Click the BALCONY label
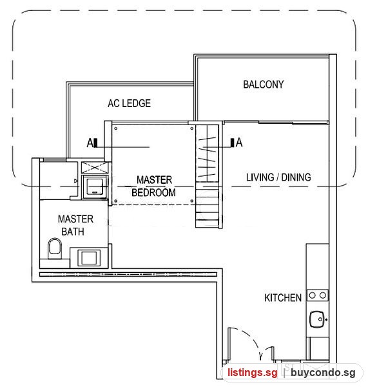pyautogui.click(x=264, y=84)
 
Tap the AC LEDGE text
pyautogui.click(x=130, y=103)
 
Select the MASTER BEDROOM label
pyautogui.click(x=153, y=186)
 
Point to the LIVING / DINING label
pyautogui.click(x=278, y=177)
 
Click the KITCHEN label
pyautogui.click(x=283, y=297)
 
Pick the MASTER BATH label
pyautogui.click(x=75, y=225)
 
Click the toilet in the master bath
pyautogui.click(x=55, y=248)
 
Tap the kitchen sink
pyautogui.click(x=317, y=319)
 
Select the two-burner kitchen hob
pyautogui.click(x=318, y=295)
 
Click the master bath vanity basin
pyautogui.click(x=89, y=258)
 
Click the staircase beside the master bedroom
pyautogui.click(x=208, y=176)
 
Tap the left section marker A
pyautogui.click(x=92, y=143)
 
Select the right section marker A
pyautogui.click(x=237, y=143)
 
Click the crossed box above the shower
pyautogui.click(x=95, y=168)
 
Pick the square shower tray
pyautogui.click(x=95, y=187)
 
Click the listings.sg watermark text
pyautogui.click(x=253, y=373)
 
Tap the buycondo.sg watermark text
pyautogui.click(x=323, y=373)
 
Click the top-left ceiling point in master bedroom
pyautogui.click(x=115, y=128)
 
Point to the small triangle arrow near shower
pyautogui.click(x=75, y=181)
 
